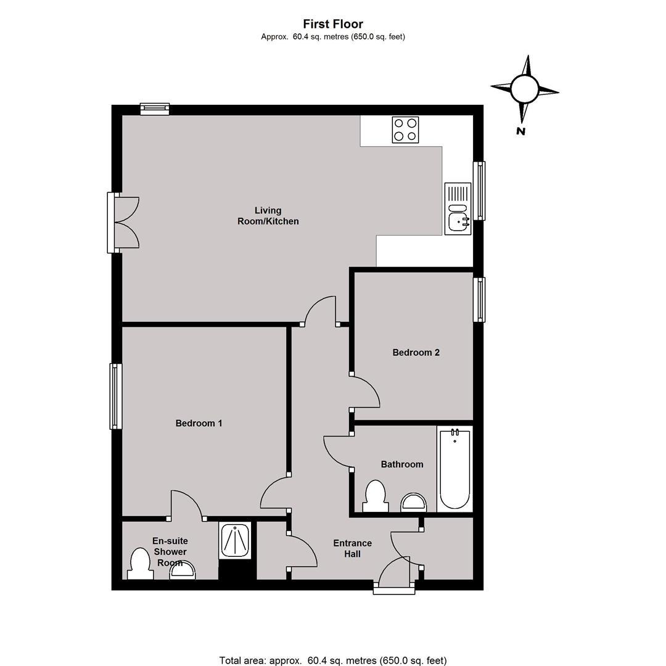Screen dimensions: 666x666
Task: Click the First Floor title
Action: (x=333, y=24)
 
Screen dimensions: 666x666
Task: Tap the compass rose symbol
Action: (x=525, y=89)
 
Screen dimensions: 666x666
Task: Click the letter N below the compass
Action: (x=520, y=131)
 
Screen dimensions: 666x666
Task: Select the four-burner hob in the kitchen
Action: (x=405, y=129)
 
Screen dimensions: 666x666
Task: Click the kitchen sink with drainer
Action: (x=458, y=208)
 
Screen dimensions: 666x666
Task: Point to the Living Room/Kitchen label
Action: (x=268, y=216)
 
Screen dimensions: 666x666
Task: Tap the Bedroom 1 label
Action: (x=199, y=423)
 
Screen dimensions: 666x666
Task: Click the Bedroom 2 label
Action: (x=416, y=352)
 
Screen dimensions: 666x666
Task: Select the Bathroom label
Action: (x=402, y=464)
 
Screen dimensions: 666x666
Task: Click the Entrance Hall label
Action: (x=353, y=548)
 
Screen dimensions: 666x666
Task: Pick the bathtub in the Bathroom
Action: (x=455, y=469)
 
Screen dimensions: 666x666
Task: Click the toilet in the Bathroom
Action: (x=376, y=496)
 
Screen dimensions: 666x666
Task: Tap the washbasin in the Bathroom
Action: (x=413, y=503)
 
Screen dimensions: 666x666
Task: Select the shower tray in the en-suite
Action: (x=235, y=540)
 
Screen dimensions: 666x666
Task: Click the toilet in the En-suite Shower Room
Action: (x=141, y=564)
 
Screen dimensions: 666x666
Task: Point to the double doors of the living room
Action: (x=123, y=223)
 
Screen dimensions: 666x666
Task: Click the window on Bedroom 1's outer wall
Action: (x=115, y=397)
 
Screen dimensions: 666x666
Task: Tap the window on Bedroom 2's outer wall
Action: (x=479, y=300)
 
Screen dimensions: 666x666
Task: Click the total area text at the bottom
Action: (x=333, y=660)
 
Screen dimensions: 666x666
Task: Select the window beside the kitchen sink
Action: (x=479, y=191)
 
